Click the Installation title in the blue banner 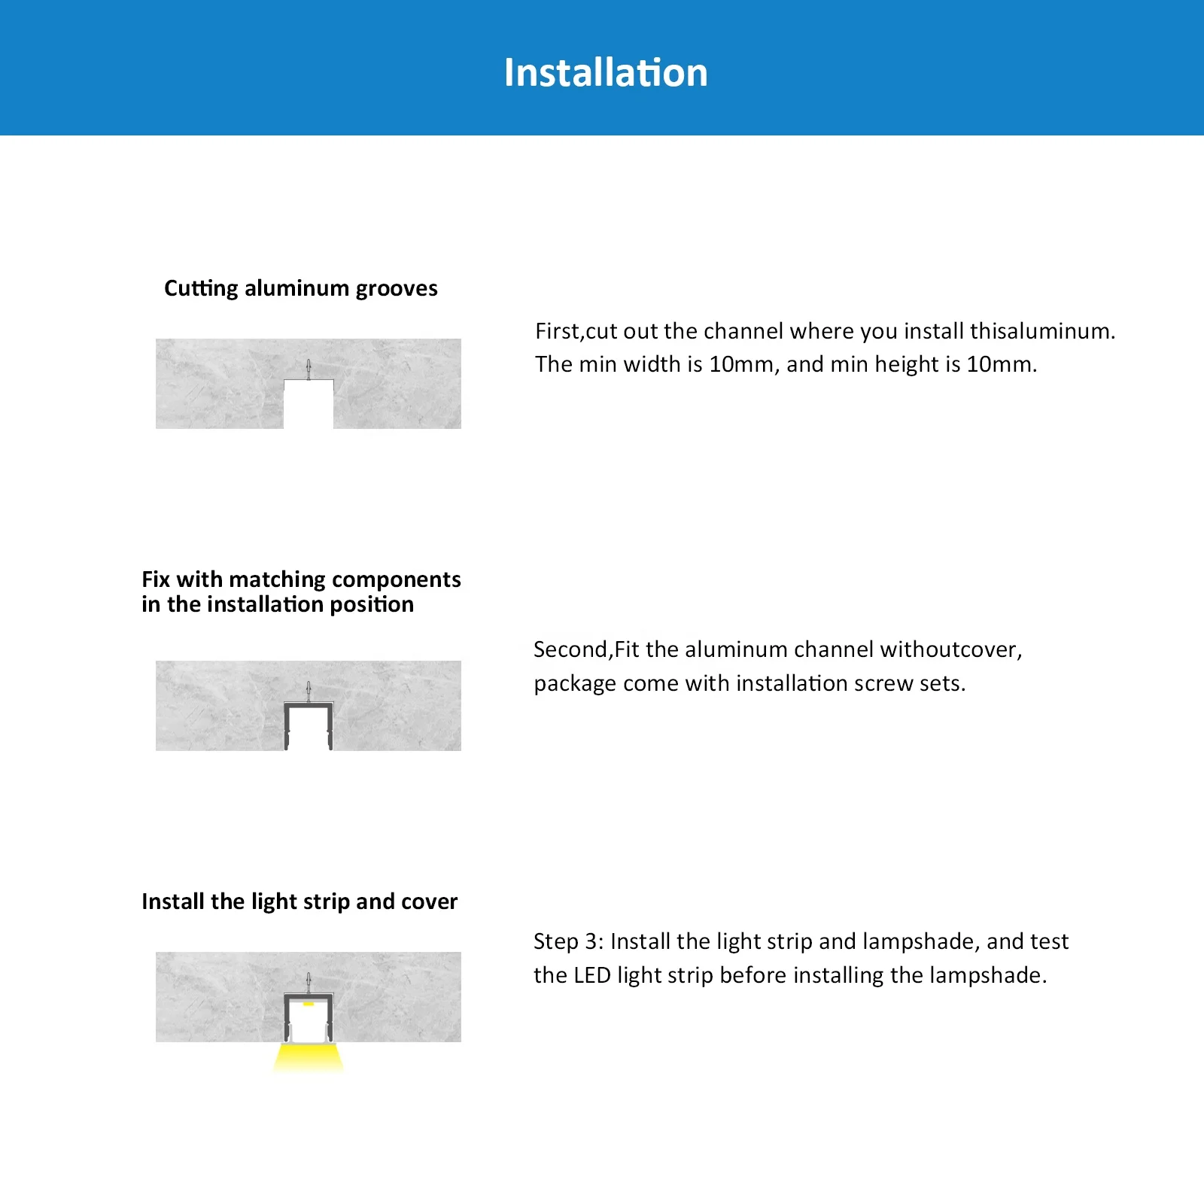606,73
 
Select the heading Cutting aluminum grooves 300,288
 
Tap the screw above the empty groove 309,369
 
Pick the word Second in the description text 570,649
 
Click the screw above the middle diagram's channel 309,691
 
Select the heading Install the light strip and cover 299,901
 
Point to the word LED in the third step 591,975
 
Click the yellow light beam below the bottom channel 309,1057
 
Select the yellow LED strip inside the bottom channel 309,1003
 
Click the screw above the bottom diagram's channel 309,981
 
